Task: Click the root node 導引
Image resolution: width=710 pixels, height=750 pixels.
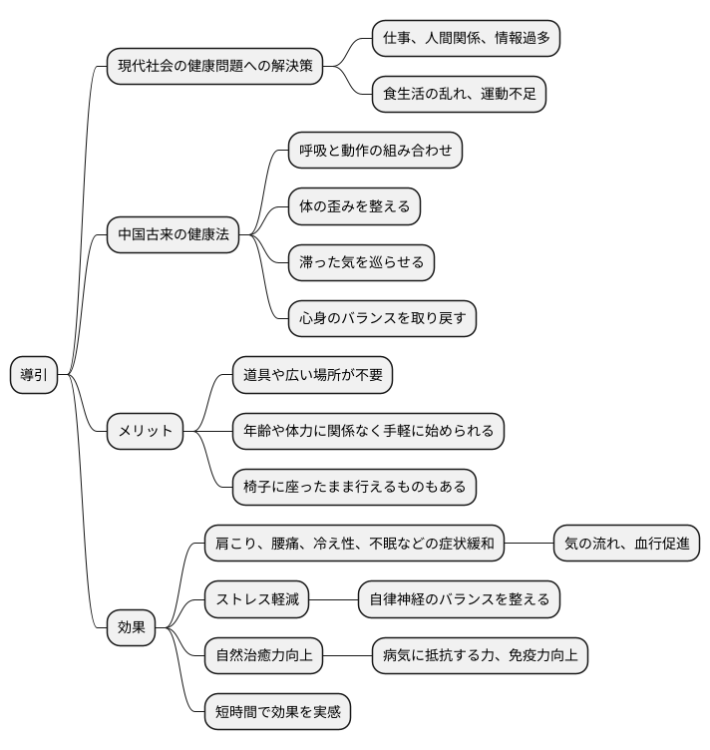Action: (x=33, y=375)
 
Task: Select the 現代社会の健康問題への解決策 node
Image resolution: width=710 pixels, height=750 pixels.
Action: (x=214, y=67)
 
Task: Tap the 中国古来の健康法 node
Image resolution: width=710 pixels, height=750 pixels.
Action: (x=174, y=234)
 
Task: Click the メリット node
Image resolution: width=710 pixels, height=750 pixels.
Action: (x=146, y=431)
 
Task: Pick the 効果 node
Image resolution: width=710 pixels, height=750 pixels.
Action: (x=132, y=627)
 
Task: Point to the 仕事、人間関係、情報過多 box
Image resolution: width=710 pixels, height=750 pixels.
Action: (x=466, y=39)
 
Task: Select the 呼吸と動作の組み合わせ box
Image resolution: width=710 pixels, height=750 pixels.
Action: (x=375, y=151)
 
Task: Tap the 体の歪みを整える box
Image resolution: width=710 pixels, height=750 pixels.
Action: (x=354, y=206)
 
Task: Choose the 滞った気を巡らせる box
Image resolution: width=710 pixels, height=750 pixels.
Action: (x=361, y=262)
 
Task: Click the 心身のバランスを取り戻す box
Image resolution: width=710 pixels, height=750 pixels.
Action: (x=382, y=318)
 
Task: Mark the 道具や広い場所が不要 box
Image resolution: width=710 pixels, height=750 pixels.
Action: (x=312, y=375)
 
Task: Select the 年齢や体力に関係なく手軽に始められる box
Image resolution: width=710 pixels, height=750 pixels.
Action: (x=368, y=431)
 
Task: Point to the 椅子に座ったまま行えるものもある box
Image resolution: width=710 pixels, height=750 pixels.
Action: (x=354, y=487)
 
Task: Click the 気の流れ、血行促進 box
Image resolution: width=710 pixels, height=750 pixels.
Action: (x=626, y=544)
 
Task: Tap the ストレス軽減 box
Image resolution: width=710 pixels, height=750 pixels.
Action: (x=256, y=599)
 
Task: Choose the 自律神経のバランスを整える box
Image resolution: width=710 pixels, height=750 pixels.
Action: (x=459, y=599)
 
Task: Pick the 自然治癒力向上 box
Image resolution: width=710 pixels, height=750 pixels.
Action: (x=263, y=655)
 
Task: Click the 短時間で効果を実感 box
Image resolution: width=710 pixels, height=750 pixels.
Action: (x=277, y=711)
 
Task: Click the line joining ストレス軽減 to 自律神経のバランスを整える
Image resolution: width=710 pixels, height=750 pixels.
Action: (x=333, y=599)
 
